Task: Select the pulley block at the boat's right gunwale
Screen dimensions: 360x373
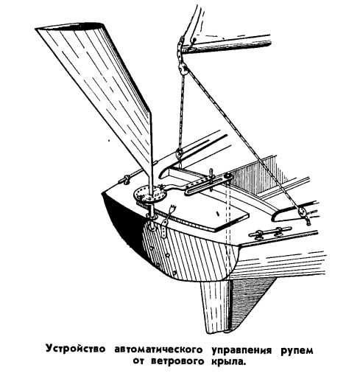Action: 302,212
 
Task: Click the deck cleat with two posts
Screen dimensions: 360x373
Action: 269,232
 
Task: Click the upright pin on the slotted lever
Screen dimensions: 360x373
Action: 211,176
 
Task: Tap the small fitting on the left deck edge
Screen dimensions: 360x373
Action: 124,180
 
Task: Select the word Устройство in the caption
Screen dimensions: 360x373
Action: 76,349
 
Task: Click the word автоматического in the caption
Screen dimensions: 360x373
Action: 159,350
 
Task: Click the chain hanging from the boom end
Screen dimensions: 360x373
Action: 181,49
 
